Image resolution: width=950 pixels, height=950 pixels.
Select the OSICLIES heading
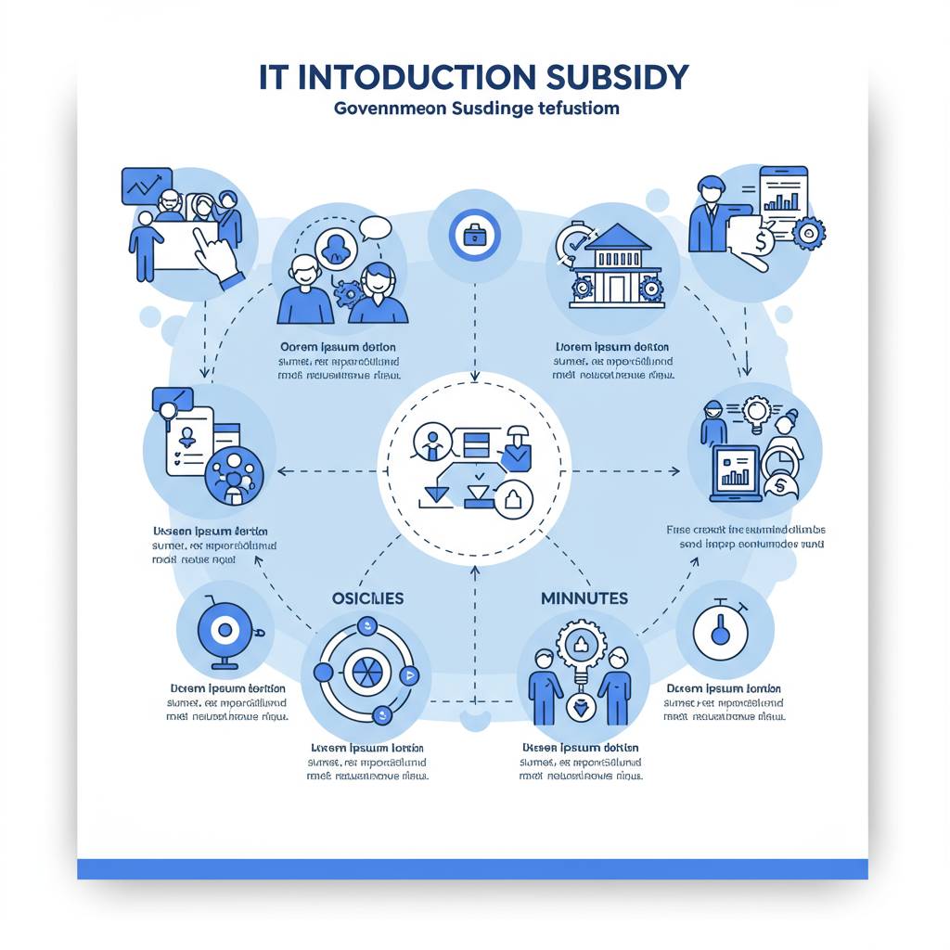368,598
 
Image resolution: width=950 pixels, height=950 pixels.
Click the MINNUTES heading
584,598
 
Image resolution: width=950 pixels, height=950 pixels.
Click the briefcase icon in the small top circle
474,234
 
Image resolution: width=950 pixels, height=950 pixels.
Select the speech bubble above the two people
375,226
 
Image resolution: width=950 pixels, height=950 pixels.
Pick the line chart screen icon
147,186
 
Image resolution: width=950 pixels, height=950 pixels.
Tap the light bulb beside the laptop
758,411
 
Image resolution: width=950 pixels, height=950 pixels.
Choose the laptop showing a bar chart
735,471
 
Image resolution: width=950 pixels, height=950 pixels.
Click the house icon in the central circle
514,501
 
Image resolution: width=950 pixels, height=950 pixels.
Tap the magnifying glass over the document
169,409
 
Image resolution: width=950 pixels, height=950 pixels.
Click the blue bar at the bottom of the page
472,868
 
